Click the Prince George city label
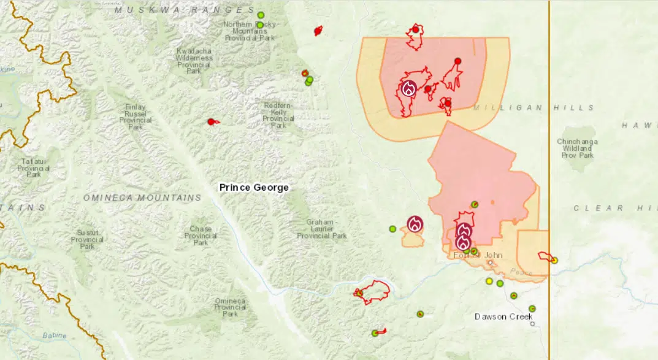click(254, 187)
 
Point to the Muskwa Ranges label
click(185, 10)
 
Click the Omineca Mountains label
click(142, 197)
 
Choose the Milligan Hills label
click(534, 107)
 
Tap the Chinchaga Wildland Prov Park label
click(577, 148)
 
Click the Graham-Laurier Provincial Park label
click(322, 229)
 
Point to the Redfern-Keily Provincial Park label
click(278, 115)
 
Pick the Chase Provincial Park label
click(201, 236)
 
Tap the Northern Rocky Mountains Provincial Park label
click(249, 31)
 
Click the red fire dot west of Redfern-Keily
click(211, 121)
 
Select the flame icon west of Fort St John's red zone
click(415, 224)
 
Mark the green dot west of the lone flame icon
click(392, 229)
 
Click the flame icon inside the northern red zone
click(408, 88)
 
